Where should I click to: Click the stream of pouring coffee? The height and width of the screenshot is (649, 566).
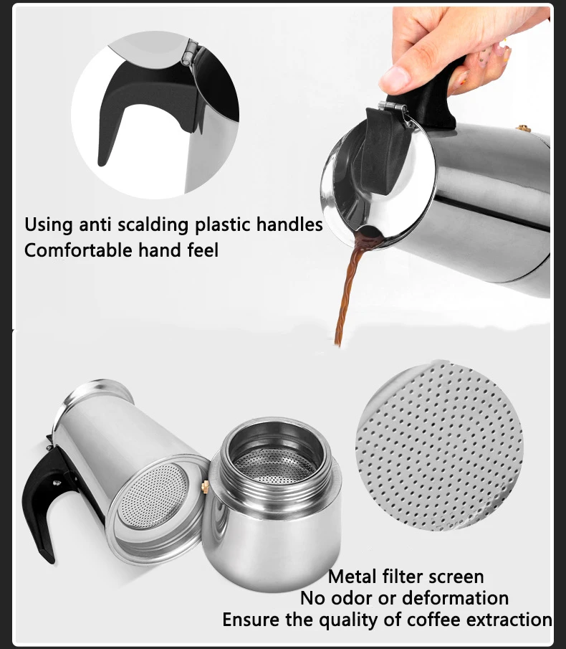coord(349,294)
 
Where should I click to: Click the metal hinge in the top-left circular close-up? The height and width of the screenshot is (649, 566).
coord(189,52)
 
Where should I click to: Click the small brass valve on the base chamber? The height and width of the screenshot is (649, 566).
coord(206,487)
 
